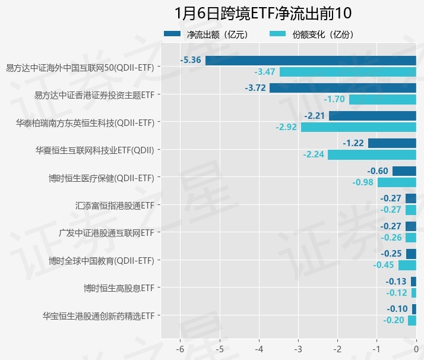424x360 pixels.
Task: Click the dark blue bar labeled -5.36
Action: click(311, 60)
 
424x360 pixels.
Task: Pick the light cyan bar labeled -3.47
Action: click(347, 72)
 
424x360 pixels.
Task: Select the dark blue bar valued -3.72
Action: click(343, 88)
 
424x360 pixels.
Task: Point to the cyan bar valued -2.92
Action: click(358, 127)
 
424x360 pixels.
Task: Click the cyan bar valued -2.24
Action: click(372, 155)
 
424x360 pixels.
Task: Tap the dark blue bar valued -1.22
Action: click(392, 143)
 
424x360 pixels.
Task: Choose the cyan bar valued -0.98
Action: click(397, 182)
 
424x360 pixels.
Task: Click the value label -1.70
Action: click(336, 100)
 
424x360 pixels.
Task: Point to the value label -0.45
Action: click(384, 265)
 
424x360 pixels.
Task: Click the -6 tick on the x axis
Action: click(181, 348)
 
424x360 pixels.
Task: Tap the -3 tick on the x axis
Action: click(298, 348)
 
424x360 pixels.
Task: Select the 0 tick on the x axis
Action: click(416, 348)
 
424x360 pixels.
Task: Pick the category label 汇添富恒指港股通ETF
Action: click(115, 205)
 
